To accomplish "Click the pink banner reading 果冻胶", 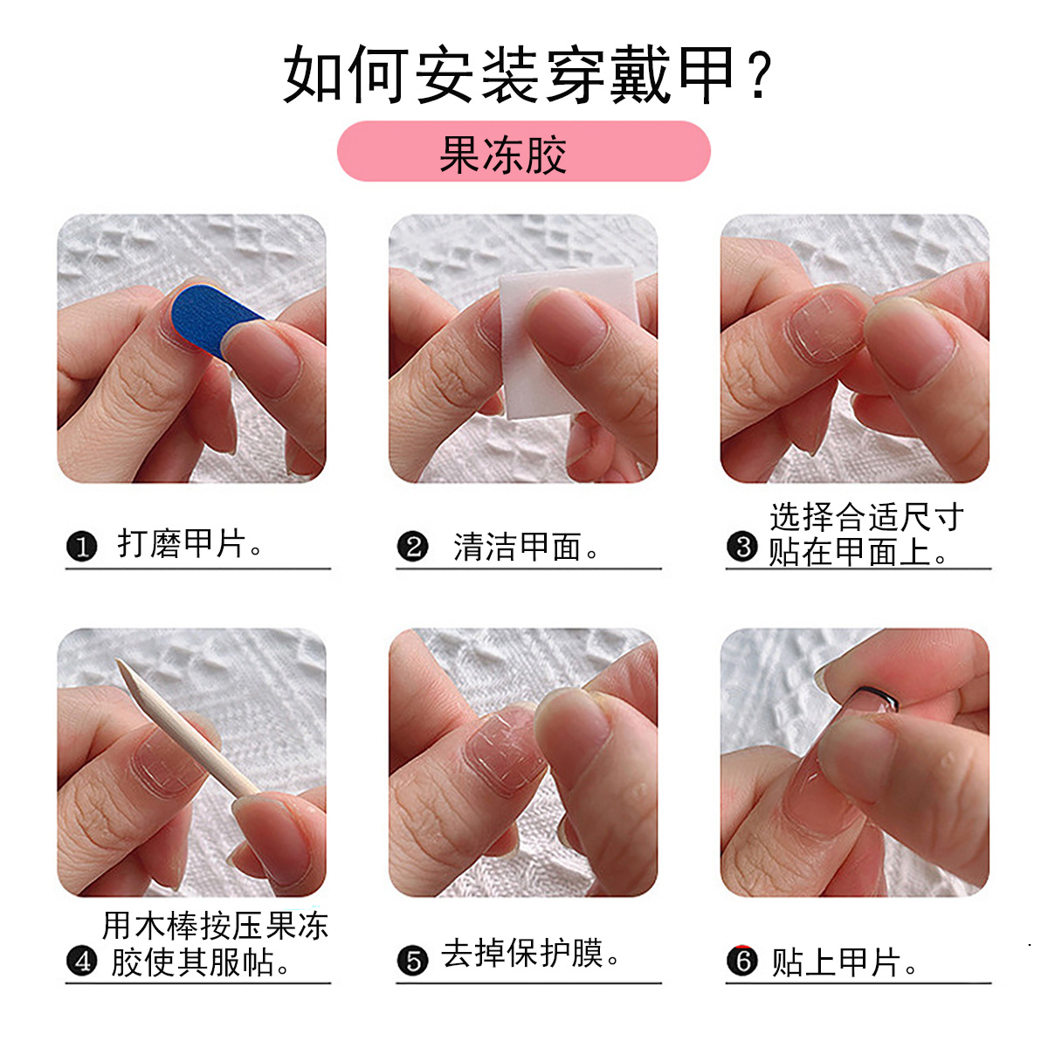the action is [523, 150].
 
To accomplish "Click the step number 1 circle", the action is [81, 547].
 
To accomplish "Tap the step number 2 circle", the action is [413, 547].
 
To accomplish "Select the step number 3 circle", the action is [742, 547].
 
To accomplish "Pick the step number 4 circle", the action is [81, 961].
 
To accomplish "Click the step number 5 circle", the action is [413, 961].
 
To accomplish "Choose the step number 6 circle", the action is [742, 961].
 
